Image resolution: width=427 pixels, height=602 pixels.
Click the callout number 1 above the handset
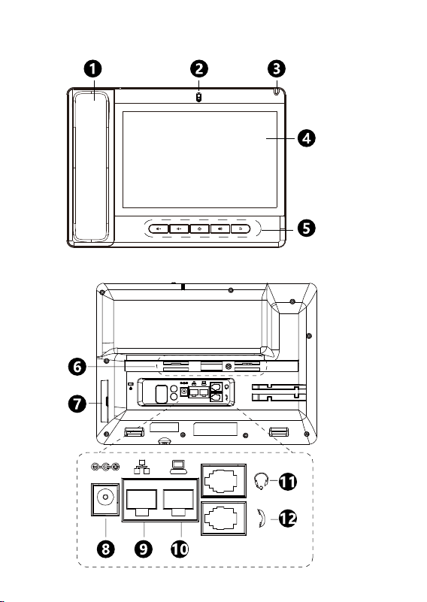coord(93,69)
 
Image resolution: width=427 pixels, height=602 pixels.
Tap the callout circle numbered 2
coord(199,69)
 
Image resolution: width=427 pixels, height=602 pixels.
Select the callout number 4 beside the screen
coord(307,138)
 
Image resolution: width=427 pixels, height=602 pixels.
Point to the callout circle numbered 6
coord(77,367)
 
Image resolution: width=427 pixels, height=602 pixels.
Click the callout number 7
coord(77,404)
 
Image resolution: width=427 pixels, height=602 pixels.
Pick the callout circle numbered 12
coord(288,519)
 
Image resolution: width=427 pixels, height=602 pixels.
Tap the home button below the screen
coord(200,228)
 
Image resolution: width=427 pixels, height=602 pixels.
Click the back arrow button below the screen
coord(241,228)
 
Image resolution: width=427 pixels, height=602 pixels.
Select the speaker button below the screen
coord(220,228)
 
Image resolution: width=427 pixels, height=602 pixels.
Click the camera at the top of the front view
coord(198,98)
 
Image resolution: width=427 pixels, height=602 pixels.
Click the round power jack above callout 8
coord(105,499)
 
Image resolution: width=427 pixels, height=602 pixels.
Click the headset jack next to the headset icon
coord(223,480)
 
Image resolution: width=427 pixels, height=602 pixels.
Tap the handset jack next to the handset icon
coord(223,519)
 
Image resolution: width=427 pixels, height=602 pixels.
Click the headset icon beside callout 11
coord(262,481)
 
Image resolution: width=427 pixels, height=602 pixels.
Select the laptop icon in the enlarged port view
coord(179,467)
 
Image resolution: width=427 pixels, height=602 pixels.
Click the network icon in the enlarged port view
coord(141,467)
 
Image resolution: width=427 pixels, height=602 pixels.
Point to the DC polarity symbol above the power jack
coord(105,467)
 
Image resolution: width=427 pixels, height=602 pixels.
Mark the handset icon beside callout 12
coord(262,519)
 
